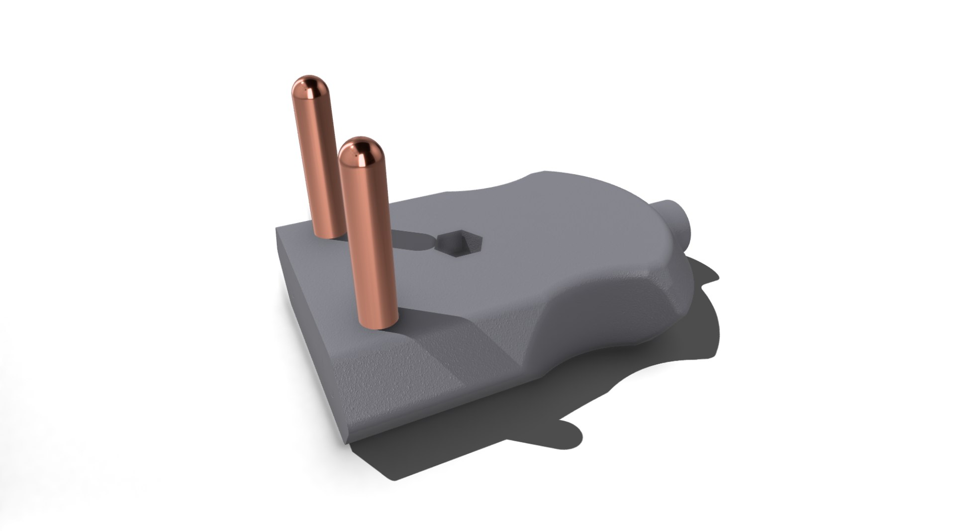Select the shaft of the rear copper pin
pyautogui.click(x=318, y=164)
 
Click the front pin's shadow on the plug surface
pyautogui.click(x=428, y=319)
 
